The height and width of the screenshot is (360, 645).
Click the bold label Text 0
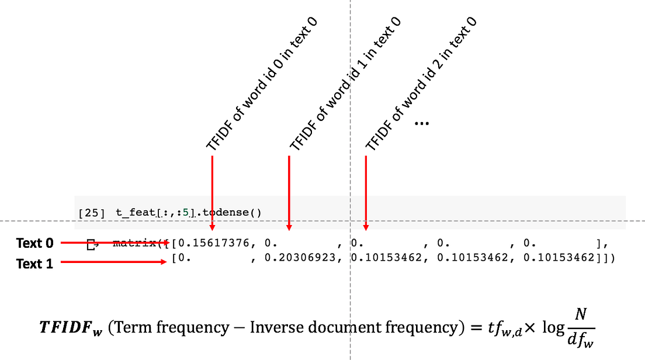(34, 243)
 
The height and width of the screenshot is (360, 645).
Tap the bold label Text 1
(34, 264)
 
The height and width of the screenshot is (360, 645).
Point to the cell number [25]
(92, 213)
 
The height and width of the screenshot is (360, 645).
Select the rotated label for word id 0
(262, 84)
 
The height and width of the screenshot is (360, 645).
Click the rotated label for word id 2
(421, 84)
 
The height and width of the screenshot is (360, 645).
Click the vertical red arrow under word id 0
(212, 193)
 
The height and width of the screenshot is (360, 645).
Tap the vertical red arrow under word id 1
(289, 193)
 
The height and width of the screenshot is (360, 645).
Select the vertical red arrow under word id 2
(366, 193)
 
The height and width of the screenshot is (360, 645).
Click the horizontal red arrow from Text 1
(114, 262)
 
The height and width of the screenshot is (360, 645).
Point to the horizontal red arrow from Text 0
(114, 242)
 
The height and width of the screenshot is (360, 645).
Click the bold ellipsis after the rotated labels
(421, 123)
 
